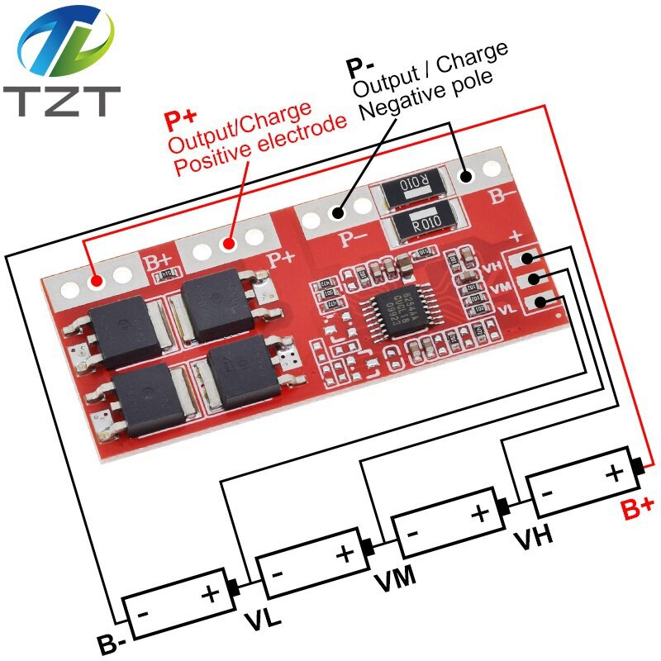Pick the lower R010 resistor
pos(427,222)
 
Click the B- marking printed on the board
pos(503,197)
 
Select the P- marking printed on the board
pos(354,239)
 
